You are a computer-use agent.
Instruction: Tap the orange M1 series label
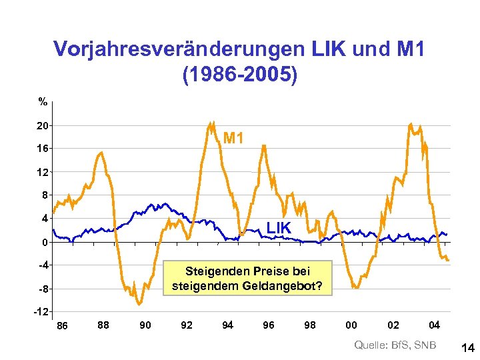coord(234,139)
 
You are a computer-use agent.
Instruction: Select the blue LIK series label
coord(279,228)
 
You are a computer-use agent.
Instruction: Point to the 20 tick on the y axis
coord(41,125)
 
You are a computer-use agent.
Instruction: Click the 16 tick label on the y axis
coord(41,148)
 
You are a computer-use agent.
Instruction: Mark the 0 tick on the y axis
coord(44,242)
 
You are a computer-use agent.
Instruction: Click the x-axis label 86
coord(62,325)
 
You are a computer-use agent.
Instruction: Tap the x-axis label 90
coord(145,325)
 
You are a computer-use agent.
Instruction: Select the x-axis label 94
coord(228,325)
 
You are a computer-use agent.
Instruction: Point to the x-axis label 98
coord(310,325)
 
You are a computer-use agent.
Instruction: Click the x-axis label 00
coord(351,325)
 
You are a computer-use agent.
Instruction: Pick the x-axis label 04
coord(434,325)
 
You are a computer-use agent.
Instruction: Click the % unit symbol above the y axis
coord(43,102)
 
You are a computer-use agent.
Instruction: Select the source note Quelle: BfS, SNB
coord(395,345)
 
